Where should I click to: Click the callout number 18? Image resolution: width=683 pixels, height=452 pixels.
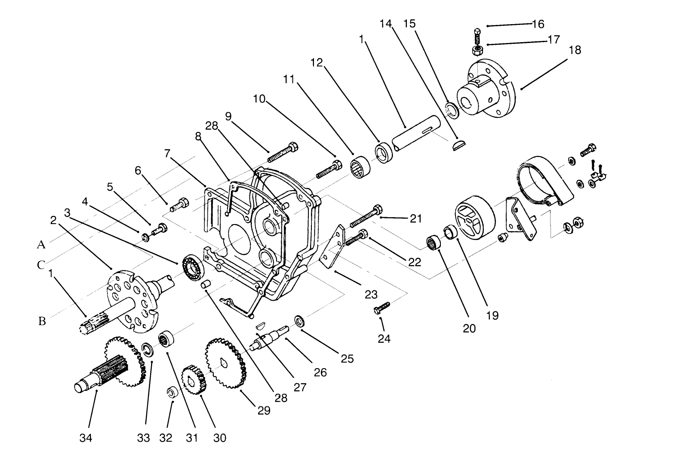pyautogui.click(x=575, y=50)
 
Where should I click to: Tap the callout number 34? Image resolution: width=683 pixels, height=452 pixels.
pyautogui.click(x=86, y=438)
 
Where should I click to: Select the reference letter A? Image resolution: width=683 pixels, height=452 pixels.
pyautogui.click(x=41, y=245)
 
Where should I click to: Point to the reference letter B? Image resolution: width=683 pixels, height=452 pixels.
pyautogui.click(x=42, y=321)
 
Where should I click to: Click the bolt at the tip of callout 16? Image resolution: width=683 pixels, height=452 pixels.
pyautogui.click(x=477, y=34)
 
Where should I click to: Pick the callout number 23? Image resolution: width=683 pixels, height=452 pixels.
pyautogui.click(x=371, y=295)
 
